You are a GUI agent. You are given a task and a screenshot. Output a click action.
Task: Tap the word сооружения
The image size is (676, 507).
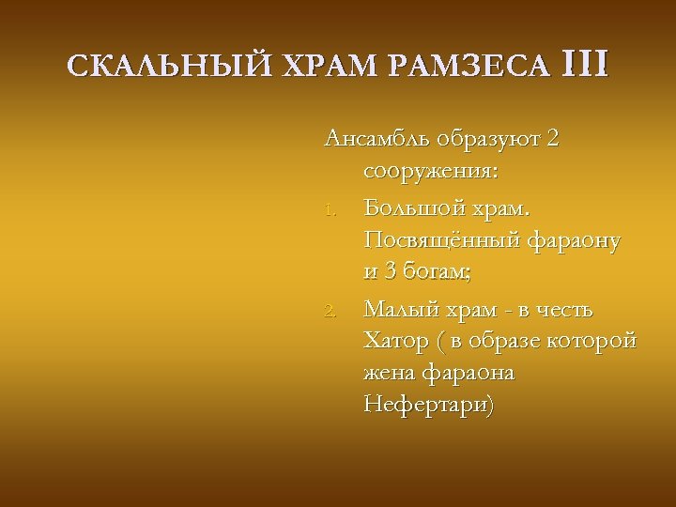click(x=430, y=173)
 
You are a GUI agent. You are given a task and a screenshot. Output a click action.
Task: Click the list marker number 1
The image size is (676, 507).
click(x=330, y=207)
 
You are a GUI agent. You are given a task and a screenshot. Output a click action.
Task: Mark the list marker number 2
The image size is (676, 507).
click(x=330, y=310)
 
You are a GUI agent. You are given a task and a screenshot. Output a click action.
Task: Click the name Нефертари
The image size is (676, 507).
click(x=427, y=407)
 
